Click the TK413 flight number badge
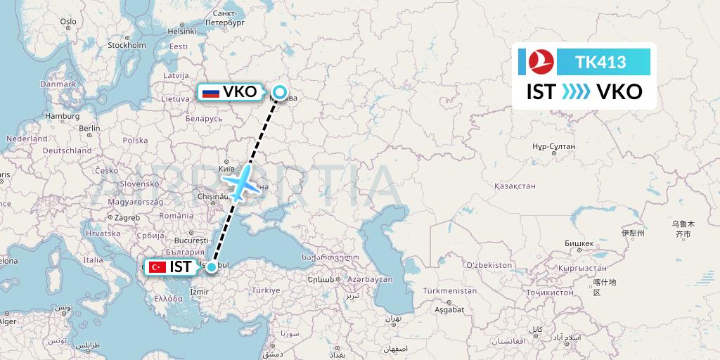[601, 62]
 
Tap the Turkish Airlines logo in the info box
[541, 62]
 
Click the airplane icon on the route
[241, 182]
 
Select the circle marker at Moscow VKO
[280, 91]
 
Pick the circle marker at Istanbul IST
[212, 266]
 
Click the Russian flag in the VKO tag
[210, 92]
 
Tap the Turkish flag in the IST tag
[157, 267]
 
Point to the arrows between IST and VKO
[576, 91]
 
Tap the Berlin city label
[90, 128]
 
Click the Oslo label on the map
[68, 22]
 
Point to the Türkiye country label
[266, 290]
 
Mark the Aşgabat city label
[449, 309]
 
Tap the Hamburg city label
[63, 116]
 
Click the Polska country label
[136, 140]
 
